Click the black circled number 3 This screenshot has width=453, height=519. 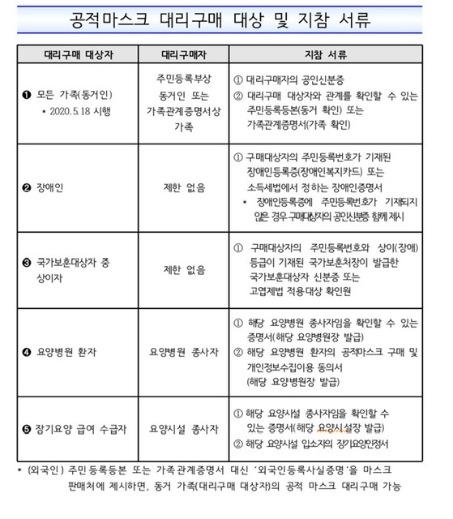(28, 263)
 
